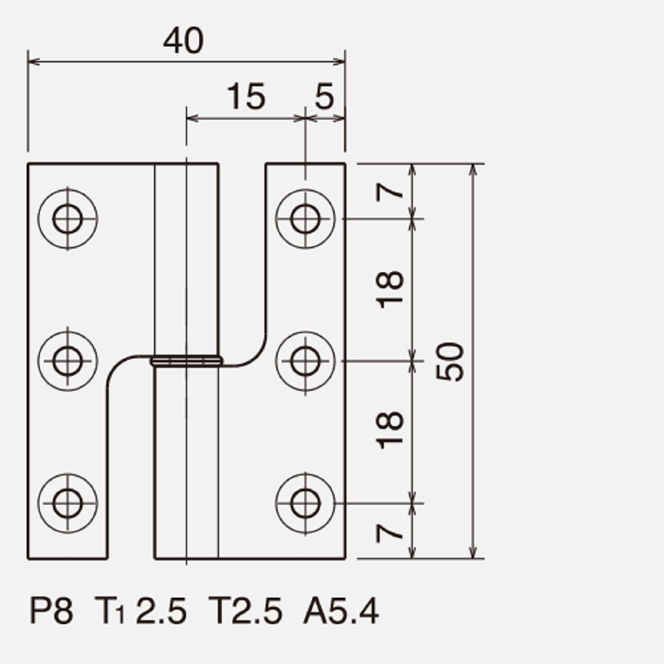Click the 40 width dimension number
pyautogui.click(x=183, y=41)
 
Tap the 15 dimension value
pyautogui.click(x=246, y=96)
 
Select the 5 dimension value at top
pyautogui.click(x=324, y=96)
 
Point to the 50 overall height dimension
pyautogui.click(x=450, y=362)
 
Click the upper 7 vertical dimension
pyautogui.click(x=390, y=192)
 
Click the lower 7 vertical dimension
pyautogui.click(x=390, y=533)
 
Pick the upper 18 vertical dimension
pyautogui.click(x=390, y=289)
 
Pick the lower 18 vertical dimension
pyautogui.click(x=390, y=430)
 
